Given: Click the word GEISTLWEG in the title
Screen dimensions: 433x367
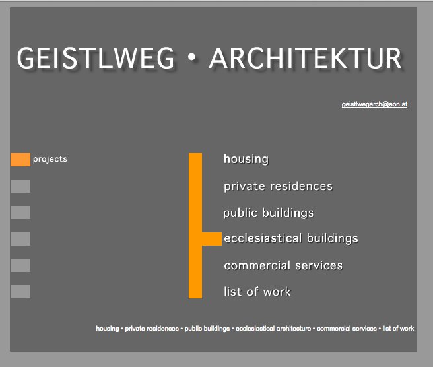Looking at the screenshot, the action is point(96,57).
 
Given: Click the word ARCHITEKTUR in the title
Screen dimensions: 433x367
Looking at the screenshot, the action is point(305,57).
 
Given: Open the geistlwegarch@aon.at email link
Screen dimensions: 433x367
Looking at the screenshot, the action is point(374,104).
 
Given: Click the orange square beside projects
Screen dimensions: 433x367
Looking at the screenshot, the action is point(20,160).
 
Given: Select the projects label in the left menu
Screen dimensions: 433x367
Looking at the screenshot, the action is point(50,159).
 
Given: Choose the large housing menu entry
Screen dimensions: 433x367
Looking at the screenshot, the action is point(246,159).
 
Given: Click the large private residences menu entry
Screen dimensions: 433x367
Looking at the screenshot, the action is point(278,186).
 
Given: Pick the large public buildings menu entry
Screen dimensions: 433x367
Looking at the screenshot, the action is point(269,213).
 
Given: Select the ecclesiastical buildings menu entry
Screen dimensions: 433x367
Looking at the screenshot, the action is point(291,238).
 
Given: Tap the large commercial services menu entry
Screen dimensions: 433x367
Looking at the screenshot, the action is point(283,265).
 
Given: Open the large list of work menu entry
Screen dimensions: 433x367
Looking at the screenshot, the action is point(257,292).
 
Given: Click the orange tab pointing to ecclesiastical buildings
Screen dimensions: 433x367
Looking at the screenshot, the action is point(212,239).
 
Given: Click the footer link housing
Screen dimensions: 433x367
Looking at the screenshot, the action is point(108,328).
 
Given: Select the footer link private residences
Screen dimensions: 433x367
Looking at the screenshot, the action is point(152,328).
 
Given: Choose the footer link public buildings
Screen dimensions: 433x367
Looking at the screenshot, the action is point(207,328).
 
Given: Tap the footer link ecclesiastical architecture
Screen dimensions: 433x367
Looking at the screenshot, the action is point(273,328).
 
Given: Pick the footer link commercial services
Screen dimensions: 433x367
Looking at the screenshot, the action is point(347,328).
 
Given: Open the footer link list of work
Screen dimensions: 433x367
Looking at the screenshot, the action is point(398,328).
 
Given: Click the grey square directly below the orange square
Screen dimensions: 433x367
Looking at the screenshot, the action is point(20,186).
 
